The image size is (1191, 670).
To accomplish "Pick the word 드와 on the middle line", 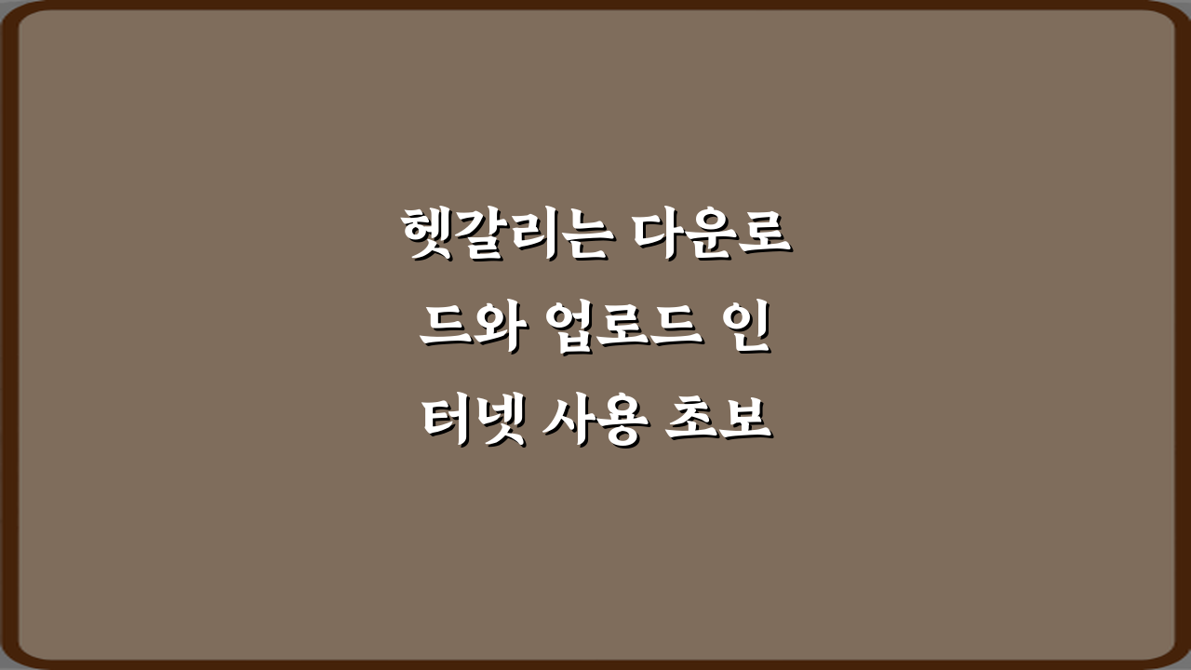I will (x=472, y=331).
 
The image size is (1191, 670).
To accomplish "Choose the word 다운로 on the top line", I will (x=712, y=235).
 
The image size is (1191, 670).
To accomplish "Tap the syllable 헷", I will (x=427, y=235).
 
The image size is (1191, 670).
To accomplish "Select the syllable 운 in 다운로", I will (x=712, y=235).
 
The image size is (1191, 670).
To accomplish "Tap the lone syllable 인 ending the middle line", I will (x=746, y=331).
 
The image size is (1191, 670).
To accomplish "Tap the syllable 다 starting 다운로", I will (x=659, y=235).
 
